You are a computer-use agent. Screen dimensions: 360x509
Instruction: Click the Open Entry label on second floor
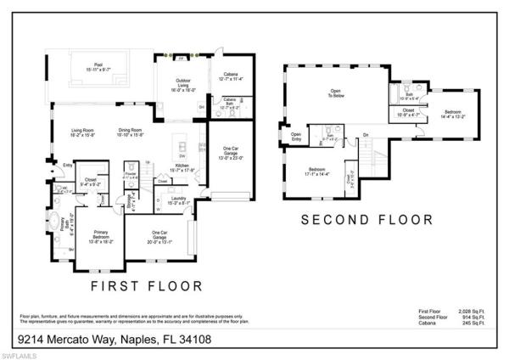(x=296, y=136)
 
